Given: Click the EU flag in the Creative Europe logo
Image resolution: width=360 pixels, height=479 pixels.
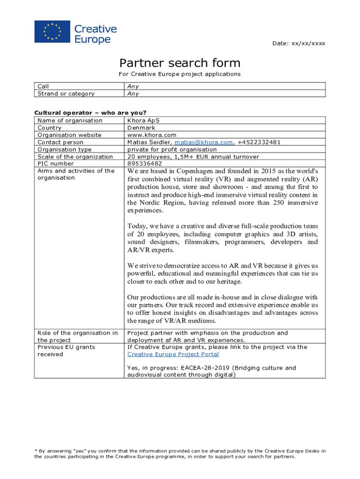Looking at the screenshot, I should pos(52,32).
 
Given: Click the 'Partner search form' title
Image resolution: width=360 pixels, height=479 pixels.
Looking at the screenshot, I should pos(180,63).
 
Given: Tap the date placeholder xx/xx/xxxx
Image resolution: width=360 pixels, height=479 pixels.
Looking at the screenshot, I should pos(308,44).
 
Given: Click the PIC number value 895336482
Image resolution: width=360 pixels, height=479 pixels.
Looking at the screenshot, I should pos(144,164).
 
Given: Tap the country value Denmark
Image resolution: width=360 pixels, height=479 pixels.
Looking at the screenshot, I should pos(141,128).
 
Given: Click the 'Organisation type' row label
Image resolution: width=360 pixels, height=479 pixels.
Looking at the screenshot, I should pos(65,150).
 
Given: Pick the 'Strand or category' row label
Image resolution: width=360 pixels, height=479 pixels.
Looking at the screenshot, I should pos(66,94).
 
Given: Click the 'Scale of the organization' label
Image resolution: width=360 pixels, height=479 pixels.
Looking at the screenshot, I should pos(75,157).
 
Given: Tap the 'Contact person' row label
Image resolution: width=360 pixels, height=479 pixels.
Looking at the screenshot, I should pos(61,142).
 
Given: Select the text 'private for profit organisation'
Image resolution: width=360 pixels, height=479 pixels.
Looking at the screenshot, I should pos(172,150).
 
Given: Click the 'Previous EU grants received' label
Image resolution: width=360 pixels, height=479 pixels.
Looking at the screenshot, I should pos(66,351).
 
